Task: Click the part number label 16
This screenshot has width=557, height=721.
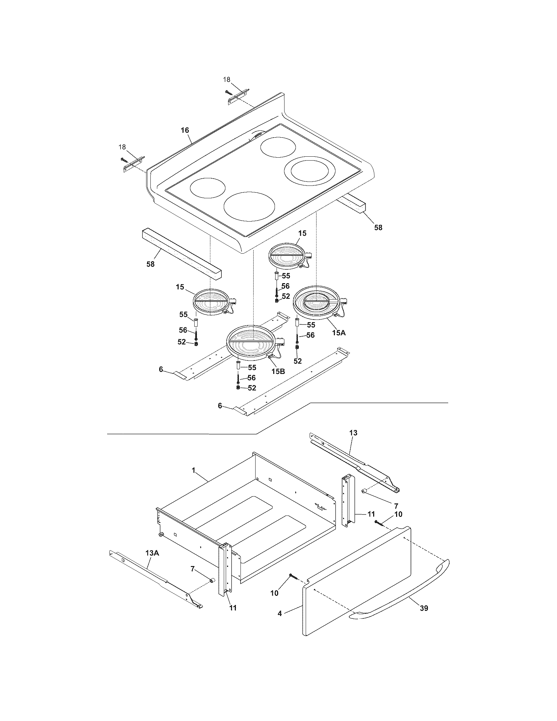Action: (185, 130)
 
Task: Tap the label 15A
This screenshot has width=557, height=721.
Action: (338, 333)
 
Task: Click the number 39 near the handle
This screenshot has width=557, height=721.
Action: (424, 608)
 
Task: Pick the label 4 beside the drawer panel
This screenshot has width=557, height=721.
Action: (280, 613)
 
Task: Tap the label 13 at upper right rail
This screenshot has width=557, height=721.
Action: (353, 433)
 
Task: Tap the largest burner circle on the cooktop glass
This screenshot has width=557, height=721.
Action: (249, 206)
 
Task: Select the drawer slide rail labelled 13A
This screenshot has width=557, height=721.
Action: (155, 579)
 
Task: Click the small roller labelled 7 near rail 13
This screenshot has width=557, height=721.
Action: (365, 501)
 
